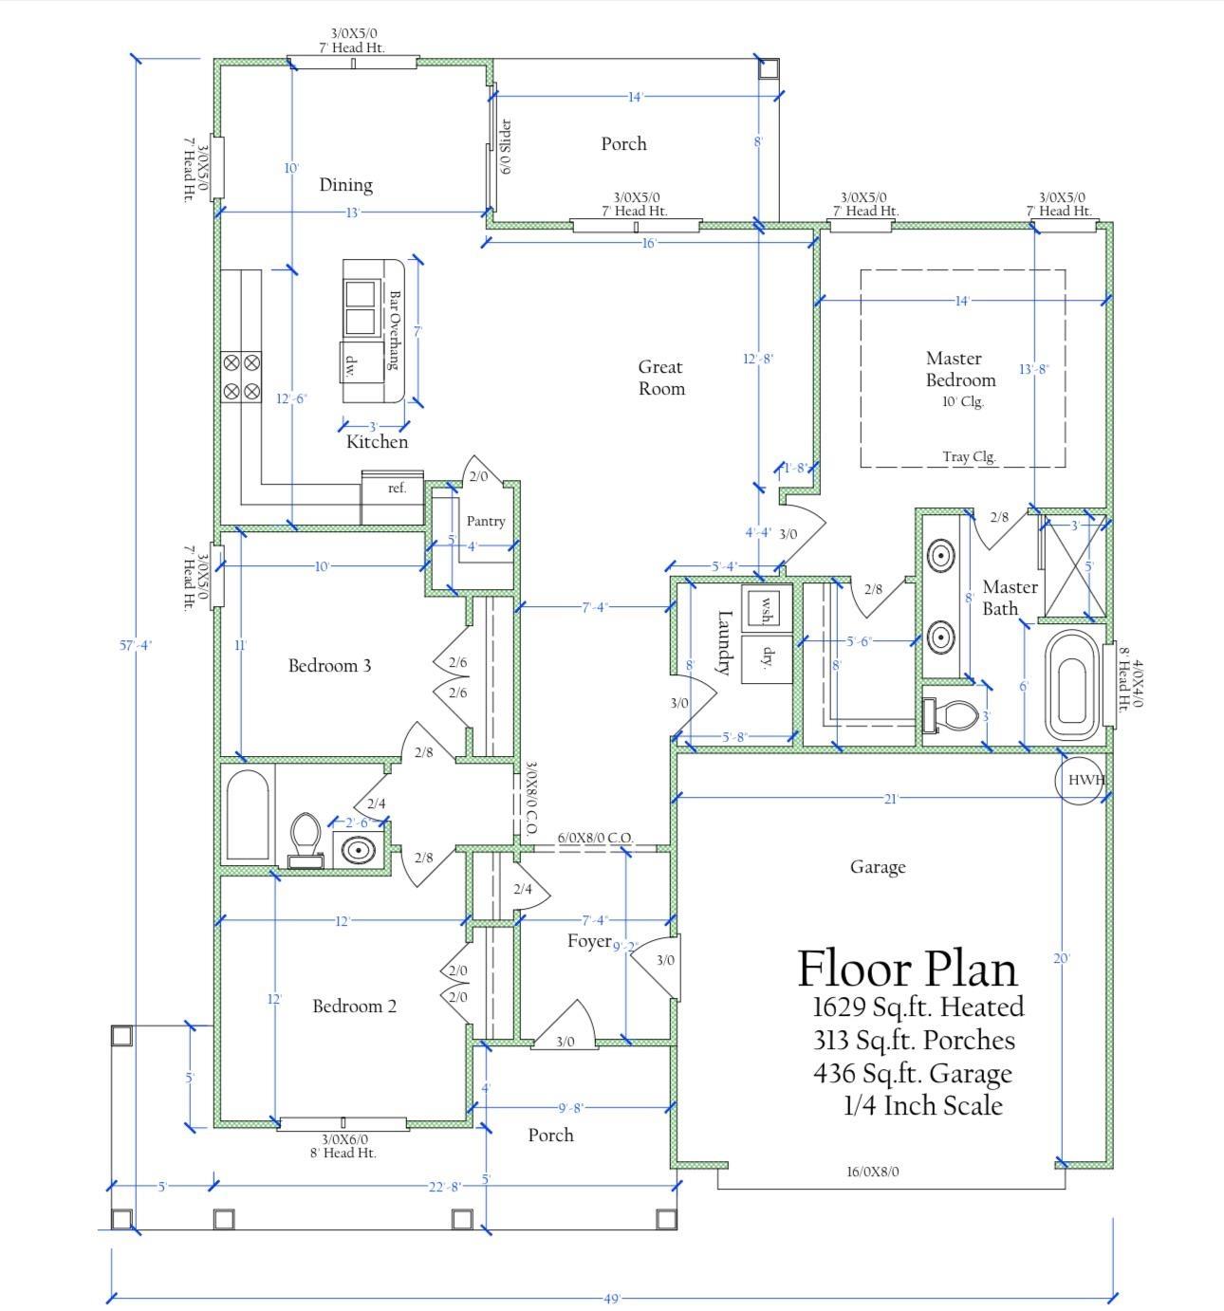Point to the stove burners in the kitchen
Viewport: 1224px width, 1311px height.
click(241, 377)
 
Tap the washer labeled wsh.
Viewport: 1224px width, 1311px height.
click(765, 607)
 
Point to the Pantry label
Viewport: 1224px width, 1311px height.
click(486, 521)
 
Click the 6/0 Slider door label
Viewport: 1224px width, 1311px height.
click(506, 147)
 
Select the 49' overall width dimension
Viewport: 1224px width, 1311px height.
click(611, 1298)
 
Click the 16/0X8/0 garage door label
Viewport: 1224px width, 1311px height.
click(872, 1172)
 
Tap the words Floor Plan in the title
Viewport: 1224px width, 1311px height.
click(907, 969)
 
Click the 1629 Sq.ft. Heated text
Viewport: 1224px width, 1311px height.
click(918, 1006)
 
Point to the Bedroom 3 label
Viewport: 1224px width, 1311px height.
click(329, 665)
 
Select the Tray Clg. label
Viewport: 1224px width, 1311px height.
click(968, 456)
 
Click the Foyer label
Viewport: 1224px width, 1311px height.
click(589, 941)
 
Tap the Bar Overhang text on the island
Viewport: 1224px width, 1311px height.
click(394, 330)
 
